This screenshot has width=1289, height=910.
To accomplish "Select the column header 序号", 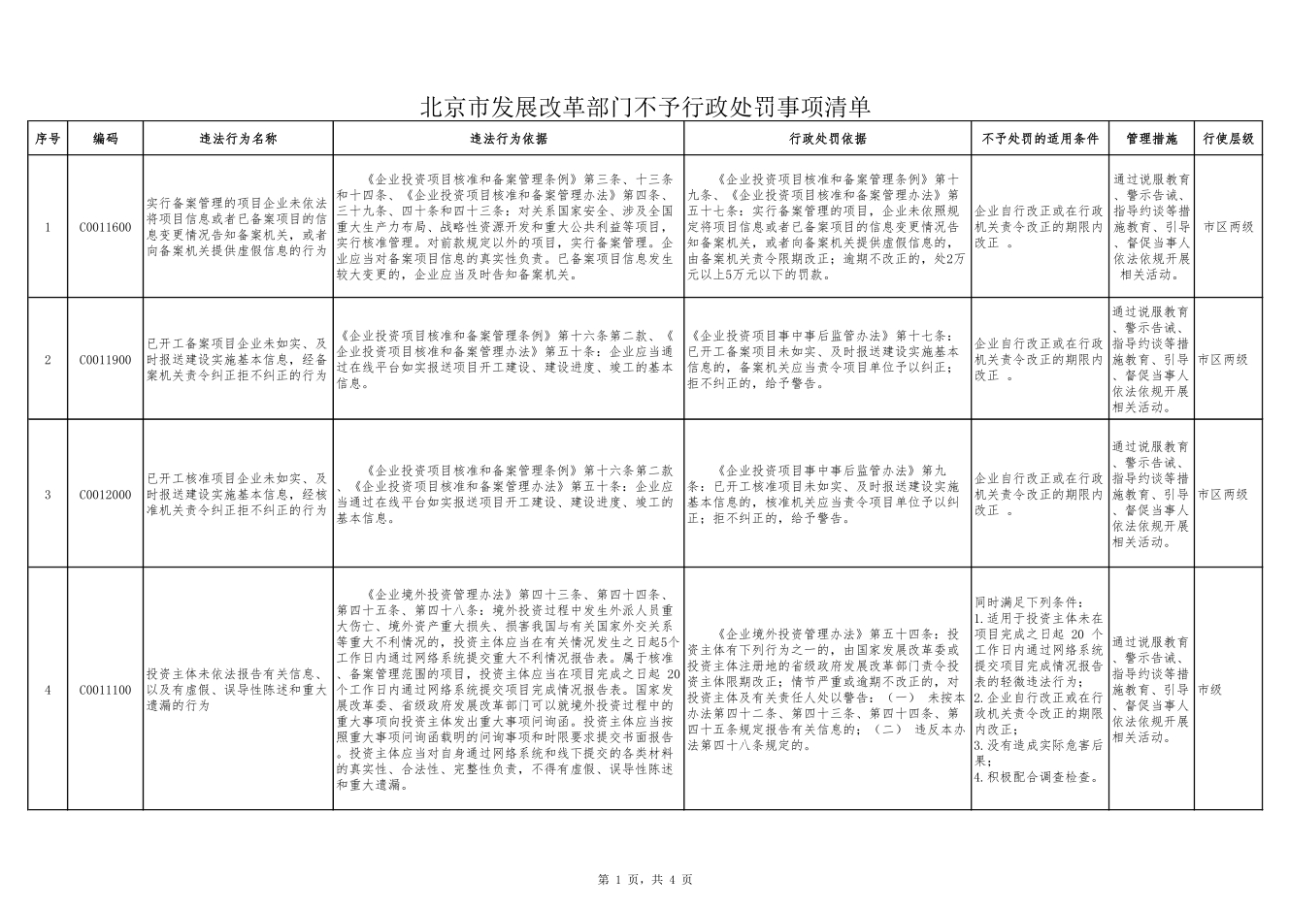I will [48, 139].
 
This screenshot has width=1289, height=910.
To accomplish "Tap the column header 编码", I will [106, 139].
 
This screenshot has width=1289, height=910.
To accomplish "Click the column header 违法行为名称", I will [238, 139].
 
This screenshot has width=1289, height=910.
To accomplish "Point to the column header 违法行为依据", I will [509, 139].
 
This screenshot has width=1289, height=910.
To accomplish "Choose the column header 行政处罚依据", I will [828, 139].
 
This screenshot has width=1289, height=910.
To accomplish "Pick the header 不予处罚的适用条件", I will [1040, 139].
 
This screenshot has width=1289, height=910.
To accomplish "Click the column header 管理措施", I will [1151, 139].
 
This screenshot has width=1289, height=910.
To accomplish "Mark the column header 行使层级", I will [1228, 139].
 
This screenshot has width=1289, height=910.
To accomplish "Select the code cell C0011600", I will [106, 227].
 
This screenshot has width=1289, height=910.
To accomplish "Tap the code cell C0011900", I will [106, 360].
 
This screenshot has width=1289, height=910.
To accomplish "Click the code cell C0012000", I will [106, 495].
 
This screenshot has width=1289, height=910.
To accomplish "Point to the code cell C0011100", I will [106, 690].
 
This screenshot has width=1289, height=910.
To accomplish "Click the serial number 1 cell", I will [48, 227].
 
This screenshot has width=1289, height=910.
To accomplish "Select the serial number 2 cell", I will [48, 360].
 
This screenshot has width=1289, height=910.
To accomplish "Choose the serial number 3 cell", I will [48, 495].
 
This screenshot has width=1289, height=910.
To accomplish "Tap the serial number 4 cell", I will [48, 690].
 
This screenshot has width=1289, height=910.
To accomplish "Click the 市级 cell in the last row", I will [1209, 690].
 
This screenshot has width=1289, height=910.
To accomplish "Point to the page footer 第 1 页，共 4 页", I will [644, 879].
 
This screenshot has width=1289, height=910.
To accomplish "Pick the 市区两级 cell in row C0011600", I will [1228, 227].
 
